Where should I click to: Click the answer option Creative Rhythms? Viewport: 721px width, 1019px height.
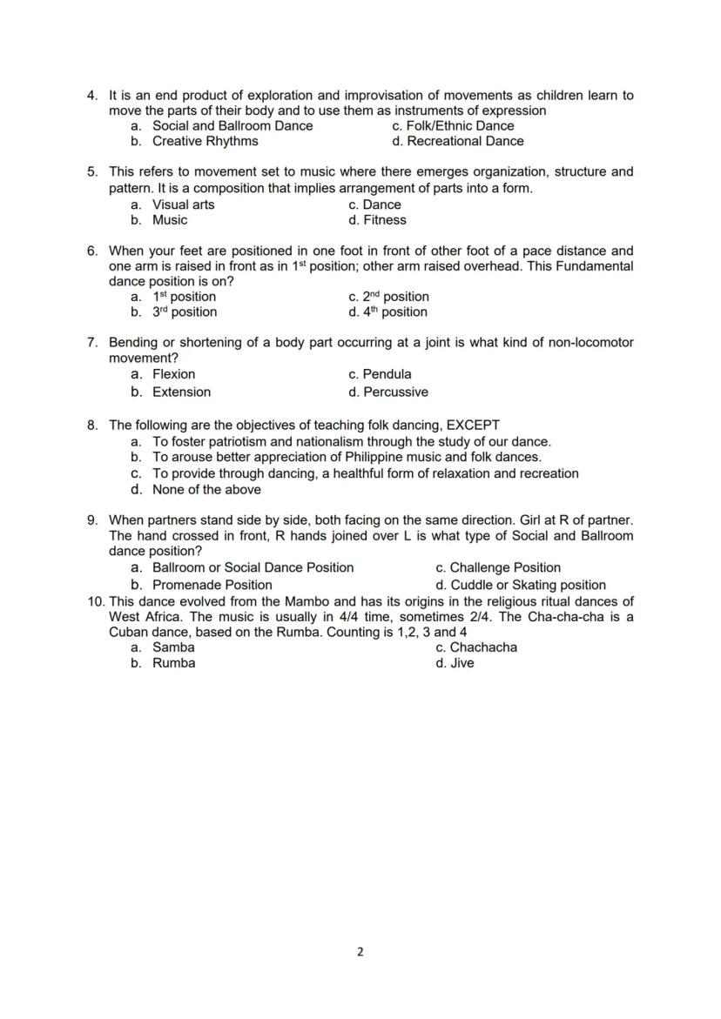(x=205, y=141)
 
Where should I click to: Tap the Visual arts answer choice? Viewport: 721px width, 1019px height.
(x=183, y=204)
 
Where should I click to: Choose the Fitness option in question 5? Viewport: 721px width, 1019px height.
(x=384, y=220)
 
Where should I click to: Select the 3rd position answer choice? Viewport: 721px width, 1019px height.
(x=185, y=312)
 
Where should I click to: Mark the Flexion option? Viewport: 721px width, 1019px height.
(x=173, y=374)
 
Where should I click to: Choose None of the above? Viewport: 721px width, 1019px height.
(x=206, y=489)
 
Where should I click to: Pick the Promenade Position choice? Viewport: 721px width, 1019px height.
(x=212, y=585)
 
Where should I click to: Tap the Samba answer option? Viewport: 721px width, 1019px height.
(x=173, y=647)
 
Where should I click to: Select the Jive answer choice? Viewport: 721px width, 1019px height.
(x=462, y=663)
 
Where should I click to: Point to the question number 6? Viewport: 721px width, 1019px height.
(x=92, y=251)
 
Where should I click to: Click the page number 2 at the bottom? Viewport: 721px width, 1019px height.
(x=360, y=951)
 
